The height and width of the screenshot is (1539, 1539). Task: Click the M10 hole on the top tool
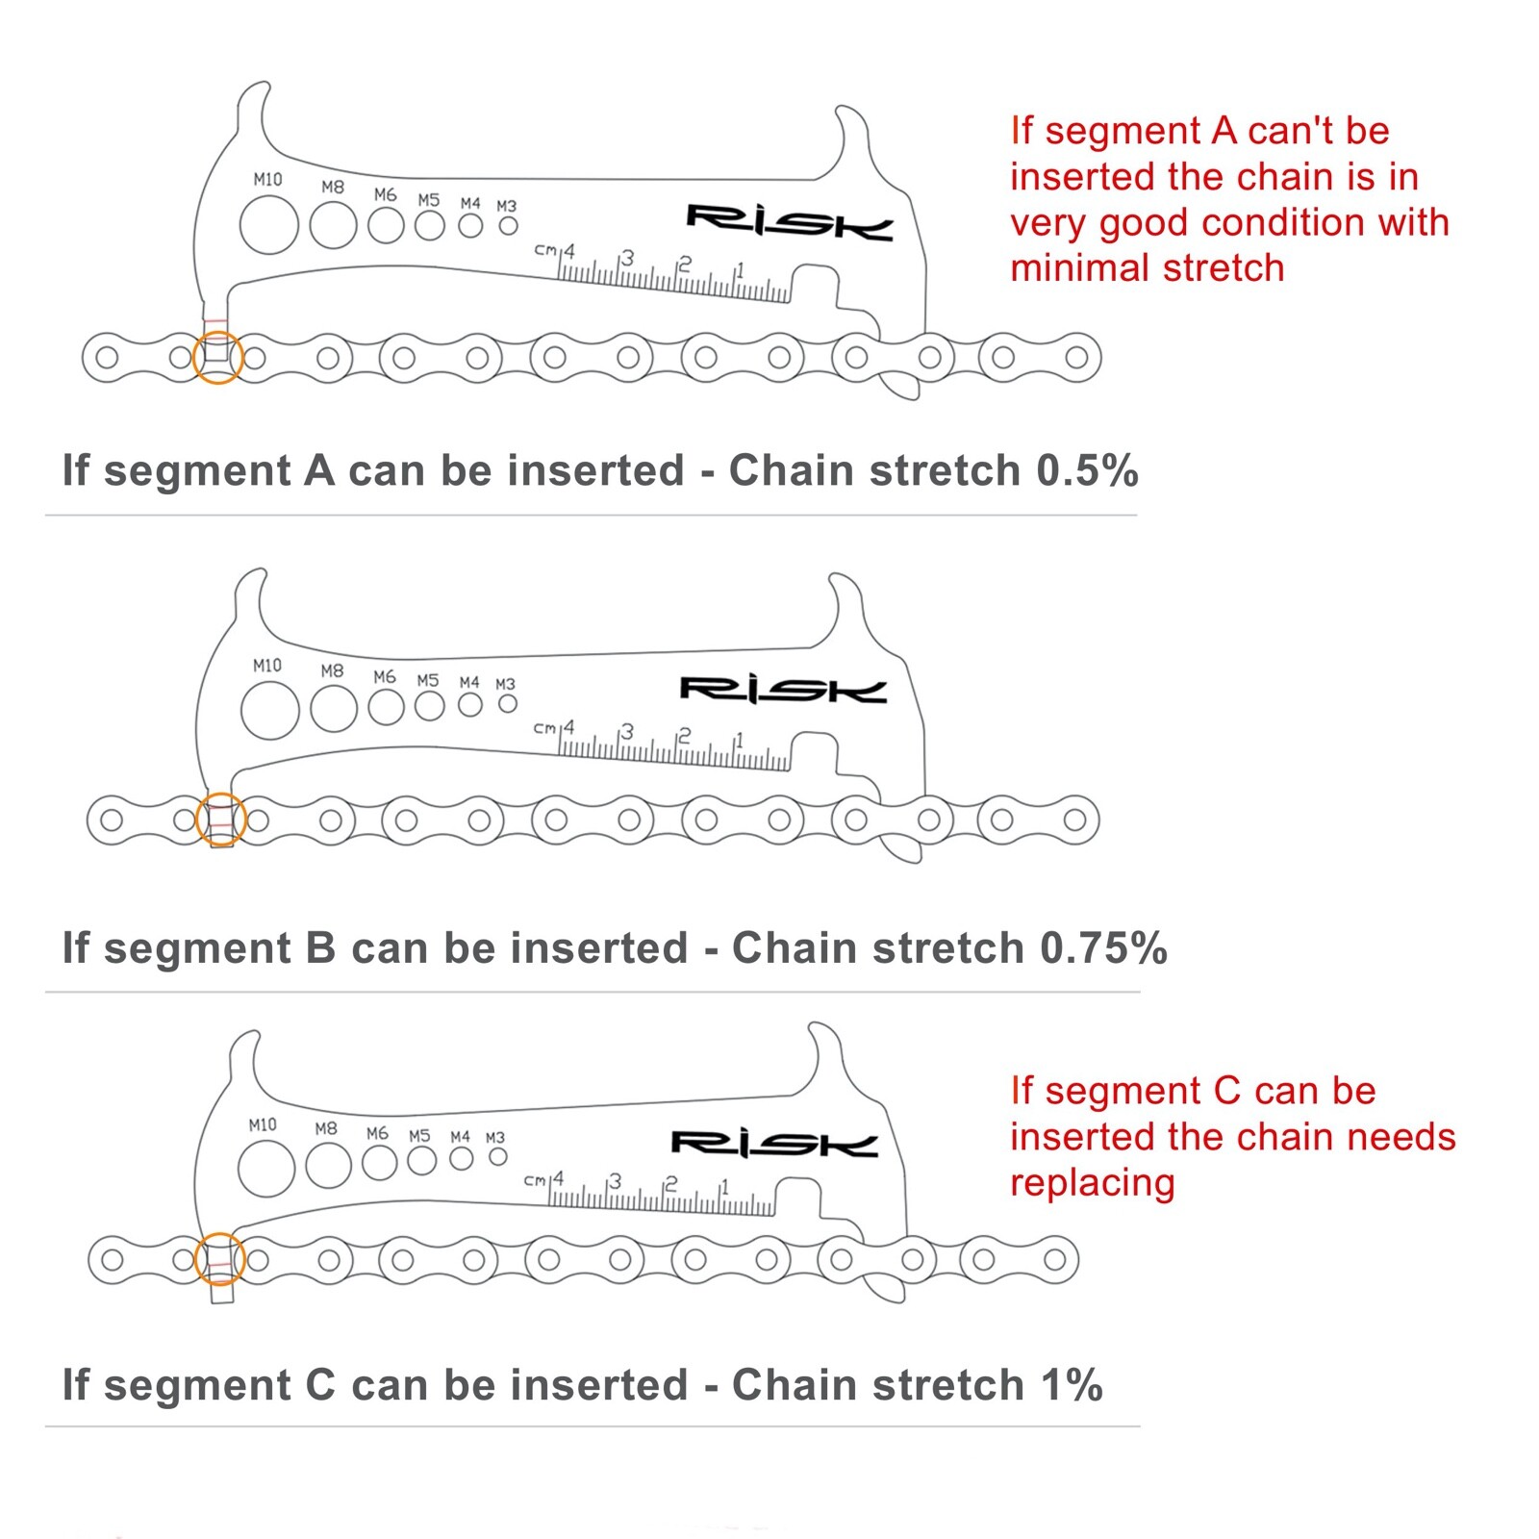(269, 226)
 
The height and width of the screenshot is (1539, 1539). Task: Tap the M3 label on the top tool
(507, 206)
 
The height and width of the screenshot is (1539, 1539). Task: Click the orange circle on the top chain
(217, 358)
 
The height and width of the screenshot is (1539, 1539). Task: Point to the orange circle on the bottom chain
(219, 1259)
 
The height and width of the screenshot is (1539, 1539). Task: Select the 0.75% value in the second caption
(1103, 948)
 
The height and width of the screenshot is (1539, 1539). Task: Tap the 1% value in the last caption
(1072, 1385)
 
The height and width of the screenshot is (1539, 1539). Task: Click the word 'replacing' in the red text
(1092, 1183)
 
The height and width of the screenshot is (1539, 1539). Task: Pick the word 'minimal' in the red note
(1076, 268)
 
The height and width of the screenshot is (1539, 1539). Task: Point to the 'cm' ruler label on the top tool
(545, 250)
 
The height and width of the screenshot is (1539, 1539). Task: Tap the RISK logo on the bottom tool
(774, 1144)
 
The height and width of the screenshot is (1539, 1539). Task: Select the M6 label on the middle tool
(385, 677)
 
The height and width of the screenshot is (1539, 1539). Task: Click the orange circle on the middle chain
(221, 820)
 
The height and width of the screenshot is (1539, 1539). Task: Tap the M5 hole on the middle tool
(430, 706)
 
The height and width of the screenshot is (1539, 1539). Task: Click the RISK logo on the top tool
(789, 222)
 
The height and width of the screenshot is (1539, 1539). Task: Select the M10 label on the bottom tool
(263, 1124)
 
